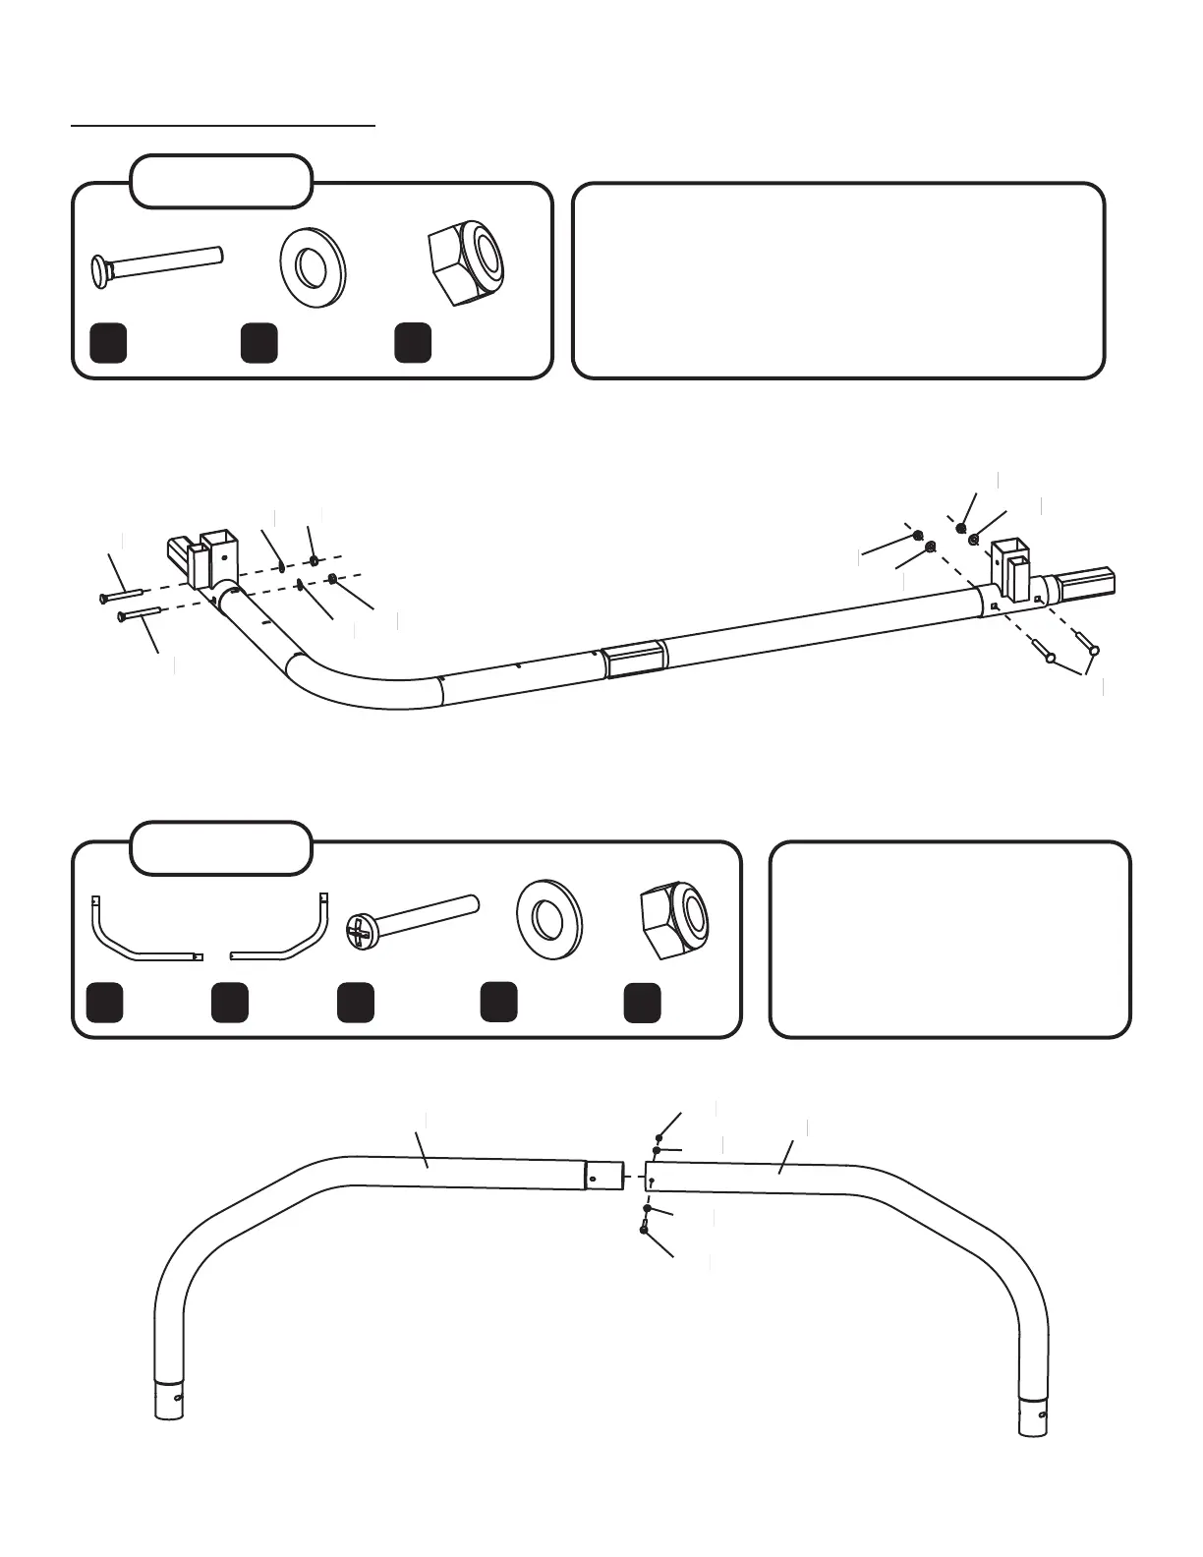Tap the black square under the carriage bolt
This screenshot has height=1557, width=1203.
coord(108,342)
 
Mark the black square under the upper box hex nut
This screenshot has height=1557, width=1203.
coord(413,342)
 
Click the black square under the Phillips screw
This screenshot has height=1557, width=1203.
coord(355,1003)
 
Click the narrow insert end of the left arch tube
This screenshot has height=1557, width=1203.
coord(603,1175)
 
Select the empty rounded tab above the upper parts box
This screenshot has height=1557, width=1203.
coord(221,181)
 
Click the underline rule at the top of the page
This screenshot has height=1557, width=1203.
coord(223,126)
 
